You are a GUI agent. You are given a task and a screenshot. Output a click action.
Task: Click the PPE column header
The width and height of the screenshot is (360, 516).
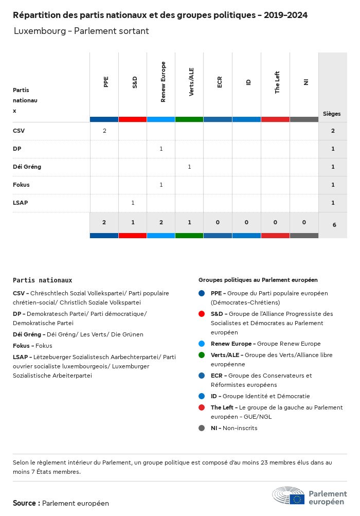click(x=106, y=82)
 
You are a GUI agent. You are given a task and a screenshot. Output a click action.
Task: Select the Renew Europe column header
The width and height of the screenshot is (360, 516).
click(x=163, y=82)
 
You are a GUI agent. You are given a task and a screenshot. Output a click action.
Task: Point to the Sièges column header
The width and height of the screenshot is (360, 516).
click(x=332, y=114)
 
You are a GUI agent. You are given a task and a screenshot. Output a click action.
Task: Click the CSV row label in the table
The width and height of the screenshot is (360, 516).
click(x=19, y=131)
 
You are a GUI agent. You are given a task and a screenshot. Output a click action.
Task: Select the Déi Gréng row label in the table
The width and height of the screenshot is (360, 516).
click(x=27, y=167)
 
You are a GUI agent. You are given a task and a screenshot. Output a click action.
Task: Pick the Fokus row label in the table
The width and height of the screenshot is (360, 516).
click(x=21, y=185)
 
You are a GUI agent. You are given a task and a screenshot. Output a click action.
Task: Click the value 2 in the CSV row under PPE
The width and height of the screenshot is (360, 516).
click(x=104, y=131)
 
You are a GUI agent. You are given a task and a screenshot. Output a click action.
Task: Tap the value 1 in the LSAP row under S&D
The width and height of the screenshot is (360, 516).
click(x=133, y=203)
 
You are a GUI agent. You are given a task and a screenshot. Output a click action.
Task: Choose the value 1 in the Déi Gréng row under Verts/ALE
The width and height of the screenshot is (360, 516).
click(x=189, y=167)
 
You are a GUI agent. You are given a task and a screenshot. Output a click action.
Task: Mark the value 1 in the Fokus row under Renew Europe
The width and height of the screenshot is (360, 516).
click(x=161, y=185)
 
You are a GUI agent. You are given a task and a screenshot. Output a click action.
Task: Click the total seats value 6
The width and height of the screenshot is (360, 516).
click(x=334, y=225)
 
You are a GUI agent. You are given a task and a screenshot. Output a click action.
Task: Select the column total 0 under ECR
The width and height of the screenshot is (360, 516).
click(x=218, y=222)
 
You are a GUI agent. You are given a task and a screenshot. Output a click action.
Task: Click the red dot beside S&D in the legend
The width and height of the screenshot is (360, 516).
click(x=202, y=314)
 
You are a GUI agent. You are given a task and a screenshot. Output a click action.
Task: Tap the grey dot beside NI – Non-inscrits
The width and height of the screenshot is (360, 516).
click(x=202, y=428)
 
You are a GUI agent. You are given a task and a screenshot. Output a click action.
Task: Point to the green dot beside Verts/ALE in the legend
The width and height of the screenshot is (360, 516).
click(x=202, y=355)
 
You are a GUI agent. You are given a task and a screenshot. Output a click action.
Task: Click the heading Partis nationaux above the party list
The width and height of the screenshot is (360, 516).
click(x=42, y=280)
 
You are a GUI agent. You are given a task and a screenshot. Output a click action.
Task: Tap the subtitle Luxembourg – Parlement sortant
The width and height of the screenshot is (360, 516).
click(x=81, y=31)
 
